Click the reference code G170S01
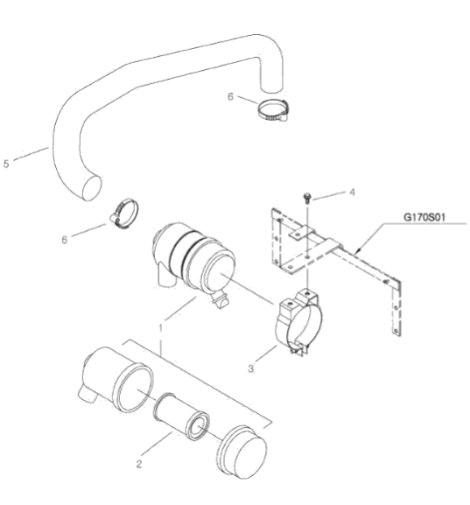(x=424, y=217)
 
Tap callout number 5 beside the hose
(x=6, y=164)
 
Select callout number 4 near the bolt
(x=352, y=193)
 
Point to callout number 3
(x=251, y=368)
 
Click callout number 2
(x=139, y=464)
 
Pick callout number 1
(x=160, y=327)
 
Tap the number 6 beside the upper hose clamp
(x=230, y=96)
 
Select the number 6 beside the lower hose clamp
(x=65, y=240)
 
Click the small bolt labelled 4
(x=307, y=198)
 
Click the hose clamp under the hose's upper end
(x=272, y=111)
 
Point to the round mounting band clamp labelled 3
(x=298, y=322)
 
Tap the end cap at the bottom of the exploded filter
(x=242, y=452)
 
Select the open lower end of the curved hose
(x=92, y=188)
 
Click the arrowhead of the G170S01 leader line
(x=358, y=250)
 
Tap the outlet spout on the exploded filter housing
(x=87, y=395)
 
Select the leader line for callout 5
(x=32, y=153)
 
